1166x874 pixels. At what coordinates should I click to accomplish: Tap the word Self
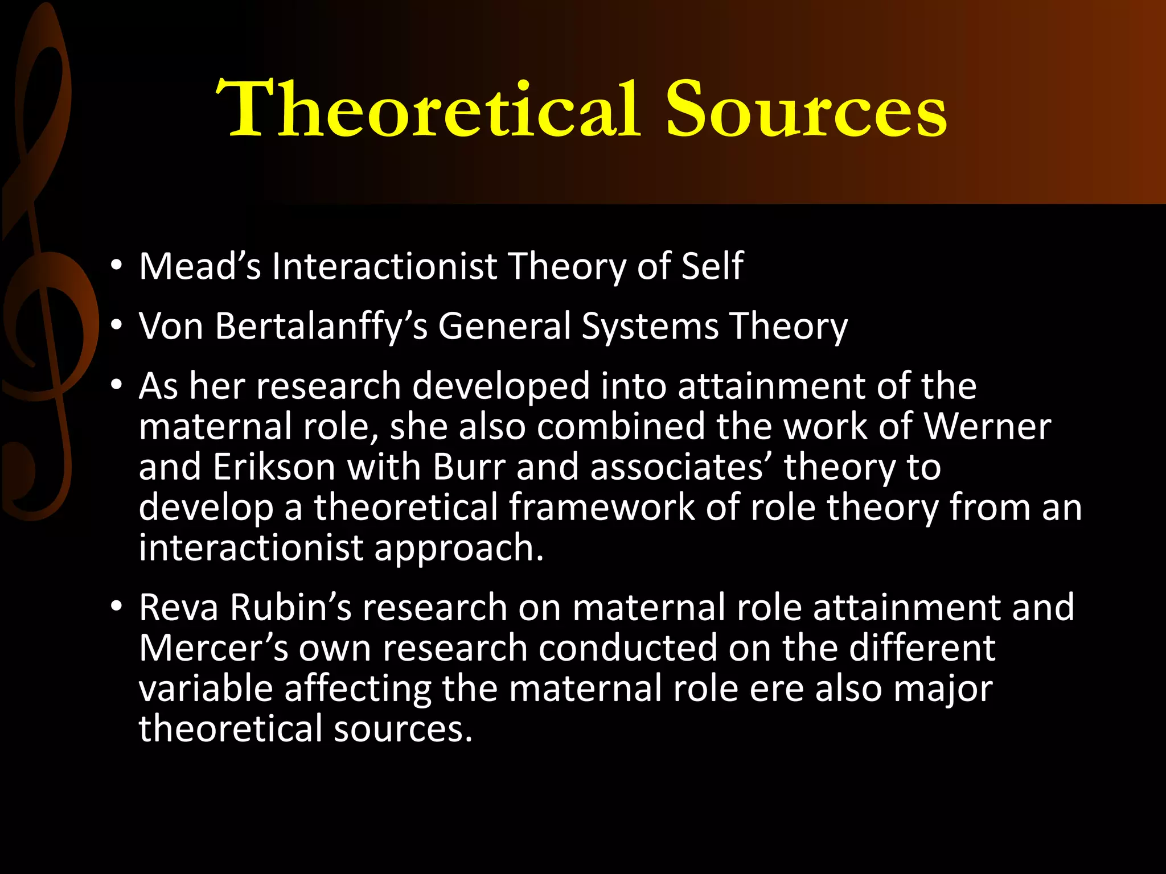pyautogui.click(x=712, y=266)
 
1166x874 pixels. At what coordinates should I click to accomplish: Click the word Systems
pyautogui.click(x=650, y=327)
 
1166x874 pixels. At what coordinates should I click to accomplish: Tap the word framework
pyautogui.click(x=601, y=507)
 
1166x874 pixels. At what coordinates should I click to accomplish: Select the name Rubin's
pyautogui.click(x=291, y=607)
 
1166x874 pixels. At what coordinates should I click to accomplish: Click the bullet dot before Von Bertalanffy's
pyautogui.click(x=117, y=325)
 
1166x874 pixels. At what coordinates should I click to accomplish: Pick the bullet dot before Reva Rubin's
pyautogui.click(x=117, y=607)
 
